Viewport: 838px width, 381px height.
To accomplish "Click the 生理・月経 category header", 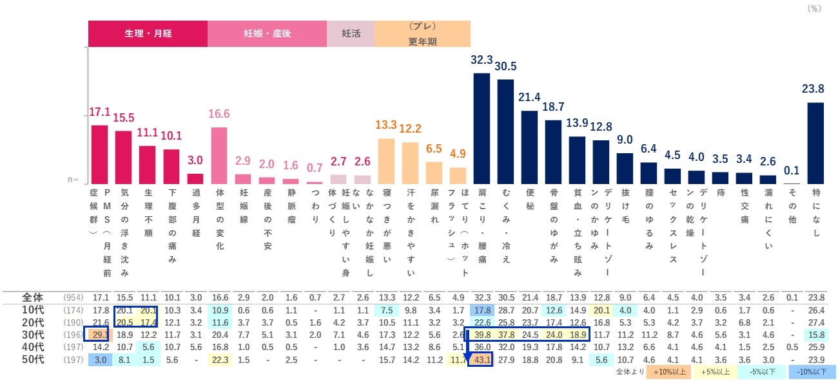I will tap(148, 33).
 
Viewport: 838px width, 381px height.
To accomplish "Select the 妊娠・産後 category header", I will tap(267, 33).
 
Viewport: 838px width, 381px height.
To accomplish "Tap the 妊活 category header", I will tap(351, 33).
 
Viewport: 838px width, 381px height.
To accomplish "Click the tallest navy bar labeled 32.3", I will tap(482, 129).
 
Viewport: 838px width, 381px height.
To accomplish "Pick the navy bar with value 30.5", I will tap(506, 132).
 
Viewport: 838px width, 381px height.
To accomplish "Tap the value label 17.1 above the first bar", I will tap(99, 113).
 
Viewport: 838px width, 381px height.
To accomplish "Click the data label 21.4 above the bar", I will tap(530, 97).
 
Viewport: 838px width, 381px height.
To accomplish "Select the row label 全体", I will tap(32, 298).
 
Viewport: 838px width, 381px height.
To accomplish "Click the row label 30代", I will tap(32, 335).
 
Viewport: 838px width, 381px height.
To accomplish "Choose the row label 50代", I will tap(32, 359).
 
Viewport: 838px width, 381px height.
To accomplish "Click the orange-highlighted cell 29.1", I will tap(100, 335).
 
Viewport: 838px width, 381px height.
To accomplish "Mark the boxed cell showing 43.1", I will tap(482, 359).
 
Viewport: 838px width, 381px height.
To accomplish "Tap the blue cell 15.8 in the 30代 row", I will tap(817, 335).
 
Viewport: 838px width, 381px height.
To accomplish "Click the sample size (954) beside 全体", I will tap(72, 298).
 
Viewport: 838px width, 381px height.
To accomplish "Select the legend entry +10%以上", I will tap(669, 372).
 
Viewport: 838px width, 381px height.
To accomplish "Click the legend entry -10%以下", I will tap(816, 372).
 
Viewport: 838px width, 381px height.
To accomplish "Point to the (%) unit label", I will tap(814, 8).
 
